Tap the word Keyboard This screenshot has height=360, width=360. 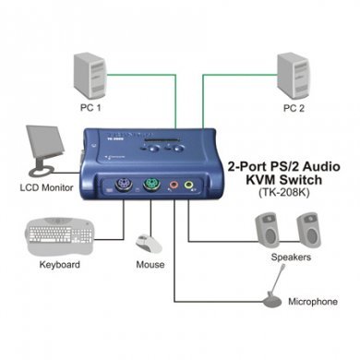(x=60, y=266)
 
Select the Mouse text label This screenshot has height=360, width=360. (x=150, y=266)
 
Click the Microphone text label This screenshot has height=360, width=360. (x=311, y=302)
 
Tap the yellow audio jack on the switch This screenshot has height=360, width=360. (x=189, y=184)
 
